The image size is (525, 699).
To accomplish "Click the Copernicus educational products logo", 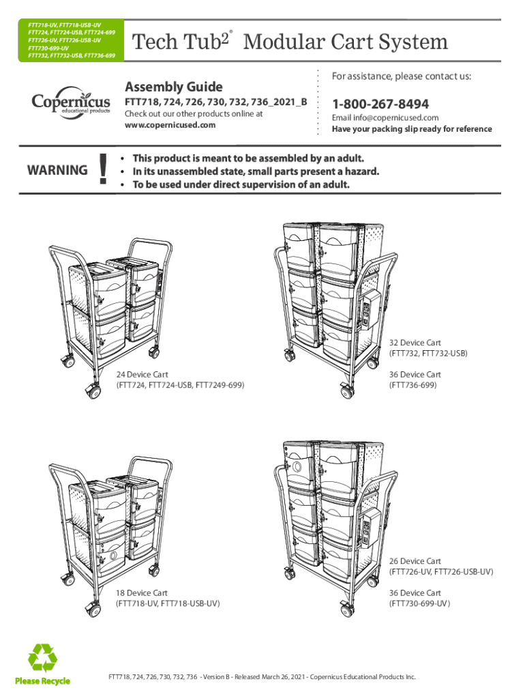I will click(x=70, y=103).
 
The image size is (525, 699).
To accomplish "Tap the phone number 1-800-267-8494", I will click(x=380, y=104).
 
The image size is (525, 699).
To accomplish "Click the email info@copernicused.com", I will click(x=385, y=118).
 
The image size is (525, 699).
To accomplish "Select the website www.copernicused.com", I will click(x=170, y=125).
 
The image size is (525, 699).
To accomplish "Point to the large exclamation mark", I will click(x=103, y=170).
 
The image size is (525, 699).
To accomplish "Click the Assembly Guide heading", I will click(x=174, y=87).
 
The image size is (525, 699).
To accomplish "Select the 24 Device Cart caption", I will click(x=142, y=375).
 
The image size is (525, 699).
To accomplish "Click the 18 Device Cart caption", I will click(x=142, y=593).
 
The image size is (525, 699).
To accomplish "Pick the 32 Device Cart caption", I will click(x=415, y=342).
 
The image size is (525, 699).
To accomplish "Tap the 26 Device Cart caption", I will click(x=415, y=560).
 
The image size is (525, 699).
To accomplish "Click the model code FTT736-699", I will click(x=412, y=386).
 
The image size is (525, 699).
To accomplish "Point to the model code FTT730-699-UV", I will click(x=419, y=604).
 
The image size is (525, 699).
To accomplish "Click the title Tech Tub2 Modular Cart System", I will click(x=290, y=42).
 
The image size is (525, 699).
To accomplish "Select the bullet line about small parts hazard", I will click(x=255, y=171).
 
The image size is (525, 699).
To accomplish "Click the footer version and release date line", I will click(x=262, y=676).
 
